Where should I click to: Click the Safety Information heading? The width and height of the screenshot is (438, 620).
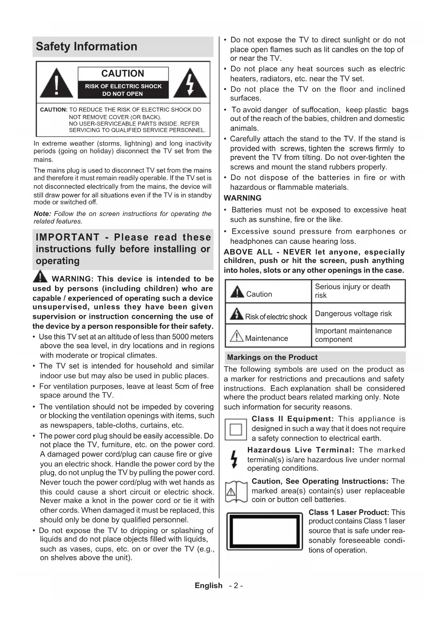point(86,47)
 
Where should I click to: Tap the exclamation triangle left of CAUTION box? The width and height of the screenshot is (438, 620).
point(56,84)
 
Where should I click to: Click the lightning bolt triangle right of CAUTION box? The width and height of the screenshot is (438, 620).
point(190,84)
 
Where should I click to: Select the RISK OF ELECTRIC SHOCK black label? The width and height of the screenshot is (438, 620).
point(123,90)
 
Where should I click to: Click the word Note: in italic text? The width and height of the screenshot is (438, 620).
point(42,214)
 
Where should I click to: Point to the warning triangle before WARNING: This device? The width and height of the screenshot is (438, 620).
point(41,277)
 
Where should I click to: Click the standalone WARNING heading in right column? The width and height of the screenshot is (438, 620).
point(242,198)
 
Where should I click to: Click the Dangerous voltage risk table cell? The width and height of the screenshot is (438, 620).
point(353,314)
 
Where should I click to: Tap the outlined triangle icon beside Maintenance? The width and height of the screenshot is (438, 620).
point(236,336)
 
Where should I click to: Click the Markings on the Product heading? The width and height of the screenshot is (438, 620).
point(272,357)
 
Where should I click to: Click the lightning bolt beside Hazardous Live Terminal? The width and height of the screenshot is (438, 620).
point(234,459)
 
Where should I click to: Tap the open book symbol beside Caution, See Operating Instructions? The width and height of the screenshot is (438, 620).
point(236,491)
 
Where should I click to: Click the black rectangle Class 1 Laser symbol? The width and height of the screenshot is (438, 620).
point(265,531)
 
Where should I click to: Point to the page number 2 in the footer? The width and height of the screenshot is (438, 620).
point(236,586)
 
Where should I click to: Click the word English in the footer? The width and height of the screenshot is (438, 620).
point(209,586)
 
